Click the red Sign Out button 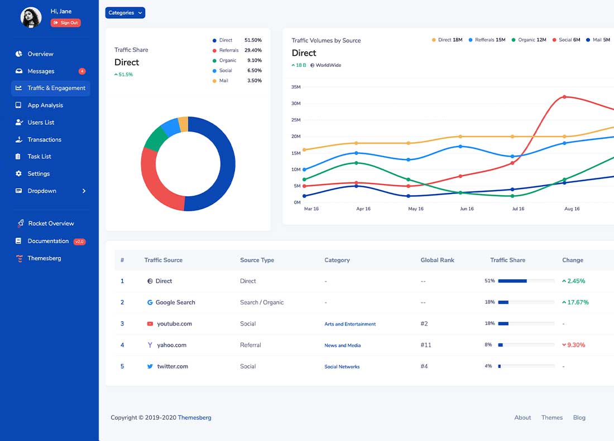click(66, 23)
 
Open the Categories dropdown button click(125, 13)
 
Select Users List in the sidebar click(41, 123)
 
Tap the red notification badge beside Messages click(82, 71)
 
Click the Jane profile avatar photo click(31, 17)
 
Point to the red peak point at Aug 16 click(564, 97)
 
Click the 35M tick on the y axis click(296, 87)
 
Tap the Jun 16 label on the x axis click(467, 209)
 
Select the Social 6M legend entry click(567, 40)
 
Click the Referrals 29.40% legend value click(253, 50)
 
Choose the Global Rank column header click(437, 260)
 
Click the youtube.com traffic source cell click(174, 324)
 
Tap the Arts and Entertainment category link click(350, 324)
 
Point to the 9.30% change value click(576, 345)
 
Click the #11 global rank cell click(425, 345)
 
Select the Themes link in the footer click(551, 418)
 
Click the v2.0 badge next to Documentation click(79, 241)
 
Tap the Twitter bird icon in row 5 click(150, 366)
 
